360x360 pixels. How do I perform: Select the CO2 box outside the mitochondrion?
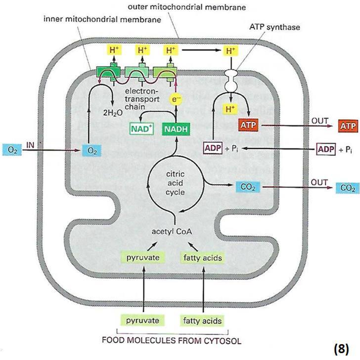[348, 187]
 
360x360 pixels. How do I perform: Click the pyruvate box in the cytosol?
[142, 320]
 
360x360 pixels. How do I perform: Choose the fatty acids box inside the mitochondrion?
[203, 258]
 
